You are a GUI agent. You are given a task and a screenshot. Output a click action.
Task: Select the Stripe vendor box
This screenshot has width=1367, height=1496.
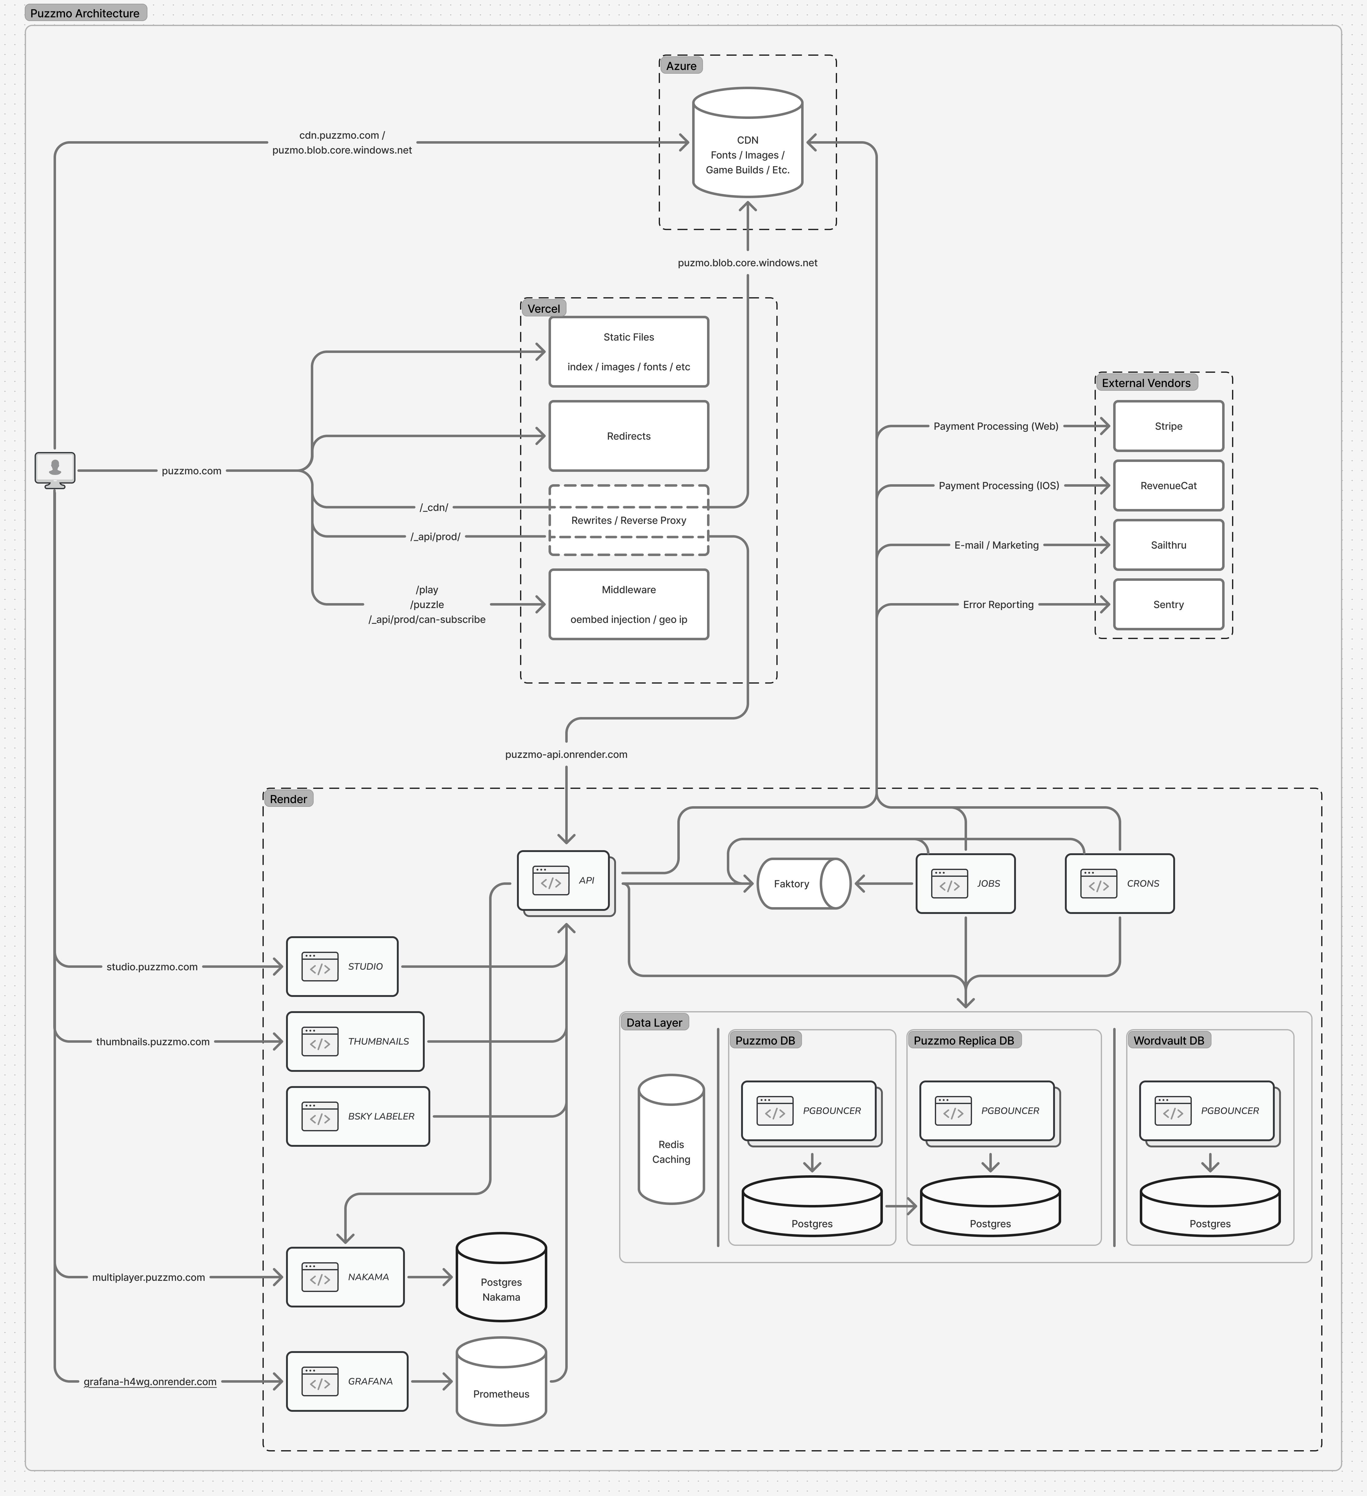[x=1168, y=426]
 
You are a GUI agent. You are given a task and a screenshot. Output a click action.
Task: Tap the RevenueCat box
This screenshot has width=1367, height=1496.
[x=1168, y=485]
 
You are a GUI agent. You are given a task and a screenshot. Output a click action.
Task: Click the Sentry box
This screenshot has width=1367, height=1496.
[x=1168, y=604]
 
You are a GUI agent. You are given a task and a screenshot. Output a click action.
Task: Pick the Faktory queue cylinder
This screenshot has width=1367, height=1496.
[x=803, y=883]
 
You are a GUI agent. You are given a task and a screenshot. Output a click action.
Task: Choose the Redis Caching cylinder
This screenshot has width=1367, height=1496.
[x=671, y=1139]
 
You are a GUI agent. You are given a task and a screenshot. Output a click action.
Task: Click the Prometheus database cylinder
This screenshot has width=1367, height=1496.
[x=501, y=1382]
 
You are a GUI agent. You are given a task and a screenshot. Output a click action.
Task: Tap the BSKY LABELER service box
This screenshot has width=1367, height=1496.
[x=358, y=1116]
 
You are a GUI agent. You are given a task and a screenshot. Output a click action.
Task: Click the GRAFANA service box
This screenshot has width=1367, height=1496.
[x=347, y=1381]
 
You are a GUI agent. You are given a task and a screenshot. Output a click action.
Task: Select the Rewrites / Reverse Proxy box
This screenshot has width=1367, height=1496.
[x=629, y=520]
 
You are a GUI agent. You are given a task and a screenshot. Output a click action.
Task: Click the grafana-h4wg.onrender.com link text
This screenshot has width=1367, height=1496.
[x=150, y=1382]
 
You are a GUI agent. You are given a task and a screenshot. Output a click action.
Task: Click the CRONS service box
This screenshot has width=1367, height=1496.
[x=1119, y=883]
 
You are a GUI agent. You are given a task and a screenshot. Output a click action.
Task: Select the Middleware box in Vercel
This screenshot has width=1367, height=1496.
[x=629, y=604]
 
